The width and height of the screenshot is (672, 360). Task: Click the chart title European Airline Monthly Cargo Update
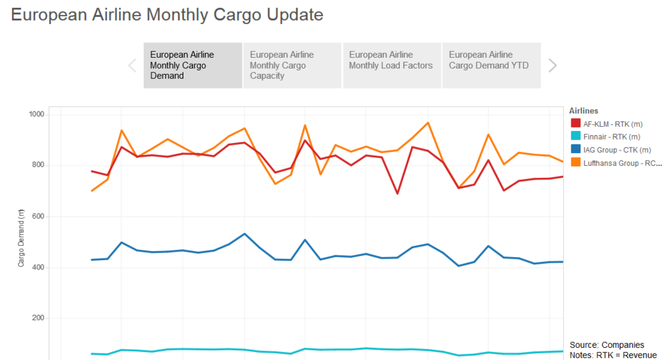tap(167, 15)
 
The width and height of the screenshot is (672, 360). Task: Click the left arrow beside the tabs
tap(132, 65)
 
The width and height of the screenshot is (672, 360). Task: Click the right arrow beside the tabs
tap(552, 65)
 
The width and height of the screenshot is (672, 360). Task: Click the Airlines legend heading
tap(583, 110)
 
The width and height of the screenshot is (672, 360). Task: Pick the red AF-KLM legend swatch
tap(575, 123)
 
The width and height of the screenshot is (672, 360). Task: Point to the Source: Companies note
tap(607, 345)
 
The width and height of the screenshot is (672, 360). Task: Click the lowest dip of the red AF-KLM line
tap(397, 193)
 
